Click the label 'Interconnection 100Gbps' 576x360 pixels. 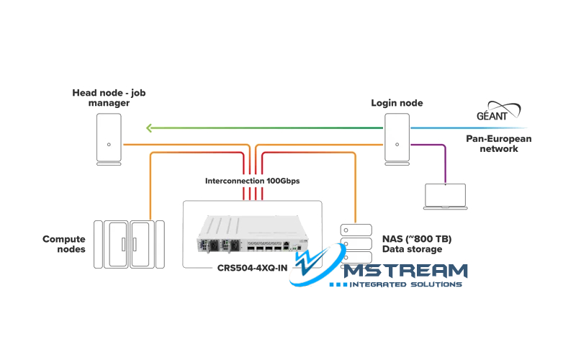pyautogui.click(x=252, y=180)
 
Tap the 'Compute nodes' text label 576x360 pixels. pyautogui.click(x=64, y=244)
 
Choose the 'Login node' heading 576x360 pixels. pyautogui.click(x=397, y=103)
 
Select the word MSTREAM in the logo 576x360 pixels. pyautogui.click(x=405, y=271)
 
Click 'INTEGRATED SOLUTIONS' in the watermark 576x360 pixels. pyautogui.click(x=405, y=285)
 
